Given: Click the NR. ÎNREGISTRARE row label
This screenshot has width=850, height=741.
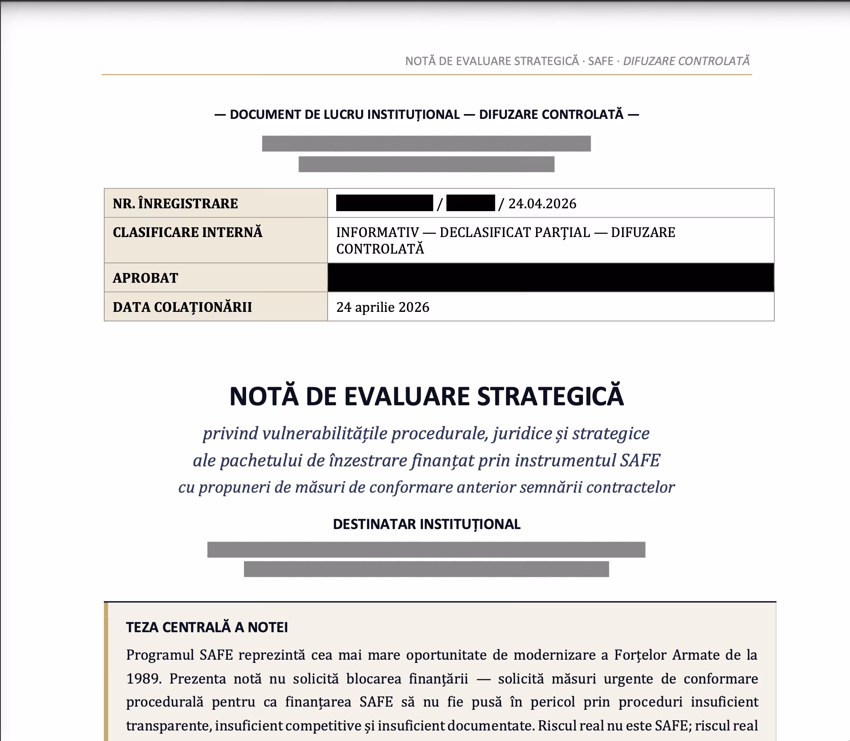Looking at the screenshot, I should pyautogui.click(x=175, y=203).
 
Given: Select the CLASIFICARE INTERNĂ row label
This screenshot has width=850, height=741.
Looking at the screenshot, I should pyautogui.click(x=187, y=233).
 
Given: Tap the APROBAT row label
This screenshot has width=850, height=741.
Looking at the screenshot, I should pyautogui.click(x=145, y=278).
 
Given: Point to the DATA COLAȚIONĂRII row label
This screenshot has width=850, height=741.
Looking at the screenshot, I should pyautogui.click(x=182, y=307).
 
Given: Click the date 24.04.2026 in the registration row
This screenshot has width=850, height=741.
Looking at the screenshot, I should pyautogui.click(x=542, y=203).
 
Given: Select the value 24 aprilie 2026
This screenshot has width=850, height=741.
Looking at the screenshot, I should pyautogui.click(x=383, y=307).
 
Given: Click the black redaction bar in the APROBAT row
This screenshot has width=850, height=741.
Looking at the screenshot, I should pyautogui.click(x=551, y=277).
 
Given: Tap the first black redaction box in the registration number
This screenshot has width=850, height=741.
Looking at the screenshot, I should pyautogui.click(x=384, y=203).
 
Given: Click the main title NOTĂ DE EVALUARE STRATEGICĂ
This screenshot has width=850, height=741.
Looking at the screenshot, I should pyautogui.click(x=426, y=396).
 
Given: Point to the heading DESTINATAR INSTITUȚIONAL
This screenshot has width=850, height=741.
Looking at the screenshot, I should pyautogui.click(x=426, y=524).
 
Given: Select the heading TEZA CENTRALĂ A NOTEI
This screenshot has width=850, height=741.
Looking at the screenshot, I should pyautogui.click(x=207, y=627).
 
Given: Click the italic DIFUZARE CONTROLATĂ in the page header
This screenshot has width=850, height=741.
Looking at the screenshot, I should pyautogui.click(x=686, y=61).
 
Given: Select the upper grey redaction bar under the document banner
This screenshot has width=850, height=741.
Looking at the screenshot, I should pyautogui.click(x=426, y=144).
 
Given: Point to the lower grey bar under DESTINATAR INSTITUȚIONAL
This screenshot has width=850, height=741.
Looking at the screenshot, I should pyautogui.click(x=426, y=569).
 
